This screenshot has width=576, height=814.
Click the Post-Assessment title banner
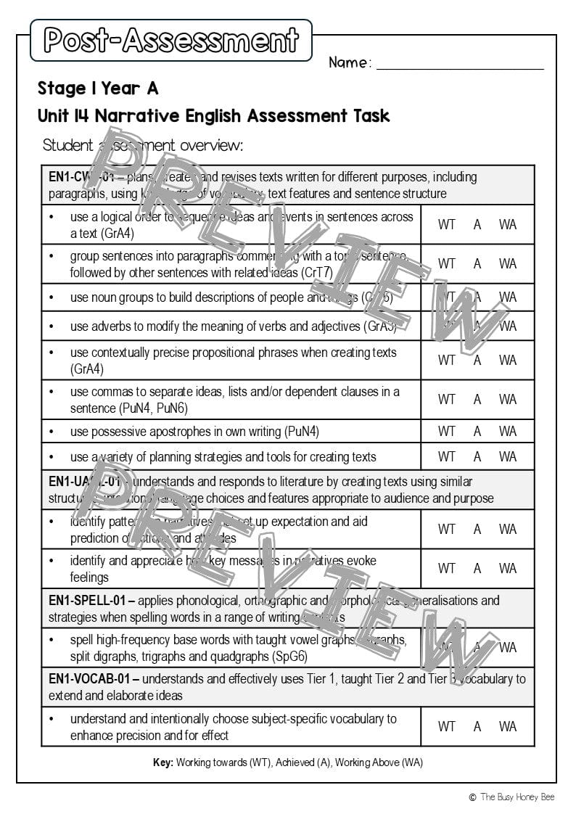point(171,40)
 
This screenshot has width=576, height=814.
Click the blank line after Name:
point(460,64)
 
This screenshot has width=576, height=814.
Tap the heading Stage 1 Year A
point(98,89)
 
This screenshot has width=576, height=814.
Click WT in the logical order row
point(447,225)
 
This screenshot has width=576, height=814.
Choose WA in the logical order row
point(508,225)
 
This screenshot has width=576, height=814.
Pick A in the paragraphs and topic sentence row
point(477,264)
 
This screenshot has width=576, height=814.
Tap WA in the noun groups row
point(508,297)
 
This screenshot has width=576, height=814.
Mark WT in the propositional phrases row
point(447,361)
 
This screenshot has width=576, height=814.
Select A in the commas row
point(477,400)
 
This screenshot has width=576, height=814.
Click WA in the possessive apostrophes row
point(508,432)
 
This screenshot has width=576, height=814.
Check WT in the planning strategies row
point(447,457)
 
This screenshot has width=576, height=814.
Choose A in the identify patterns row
point(477,530)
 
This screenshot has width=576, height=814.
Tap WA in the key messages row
point(508,569)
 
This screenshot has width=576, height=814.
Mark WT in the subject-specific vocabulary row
point(447,726)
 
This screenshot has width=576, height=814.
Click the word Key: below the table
point(163,762)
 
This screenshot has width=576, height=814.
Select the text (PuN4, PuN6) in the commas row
point(153,408)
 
